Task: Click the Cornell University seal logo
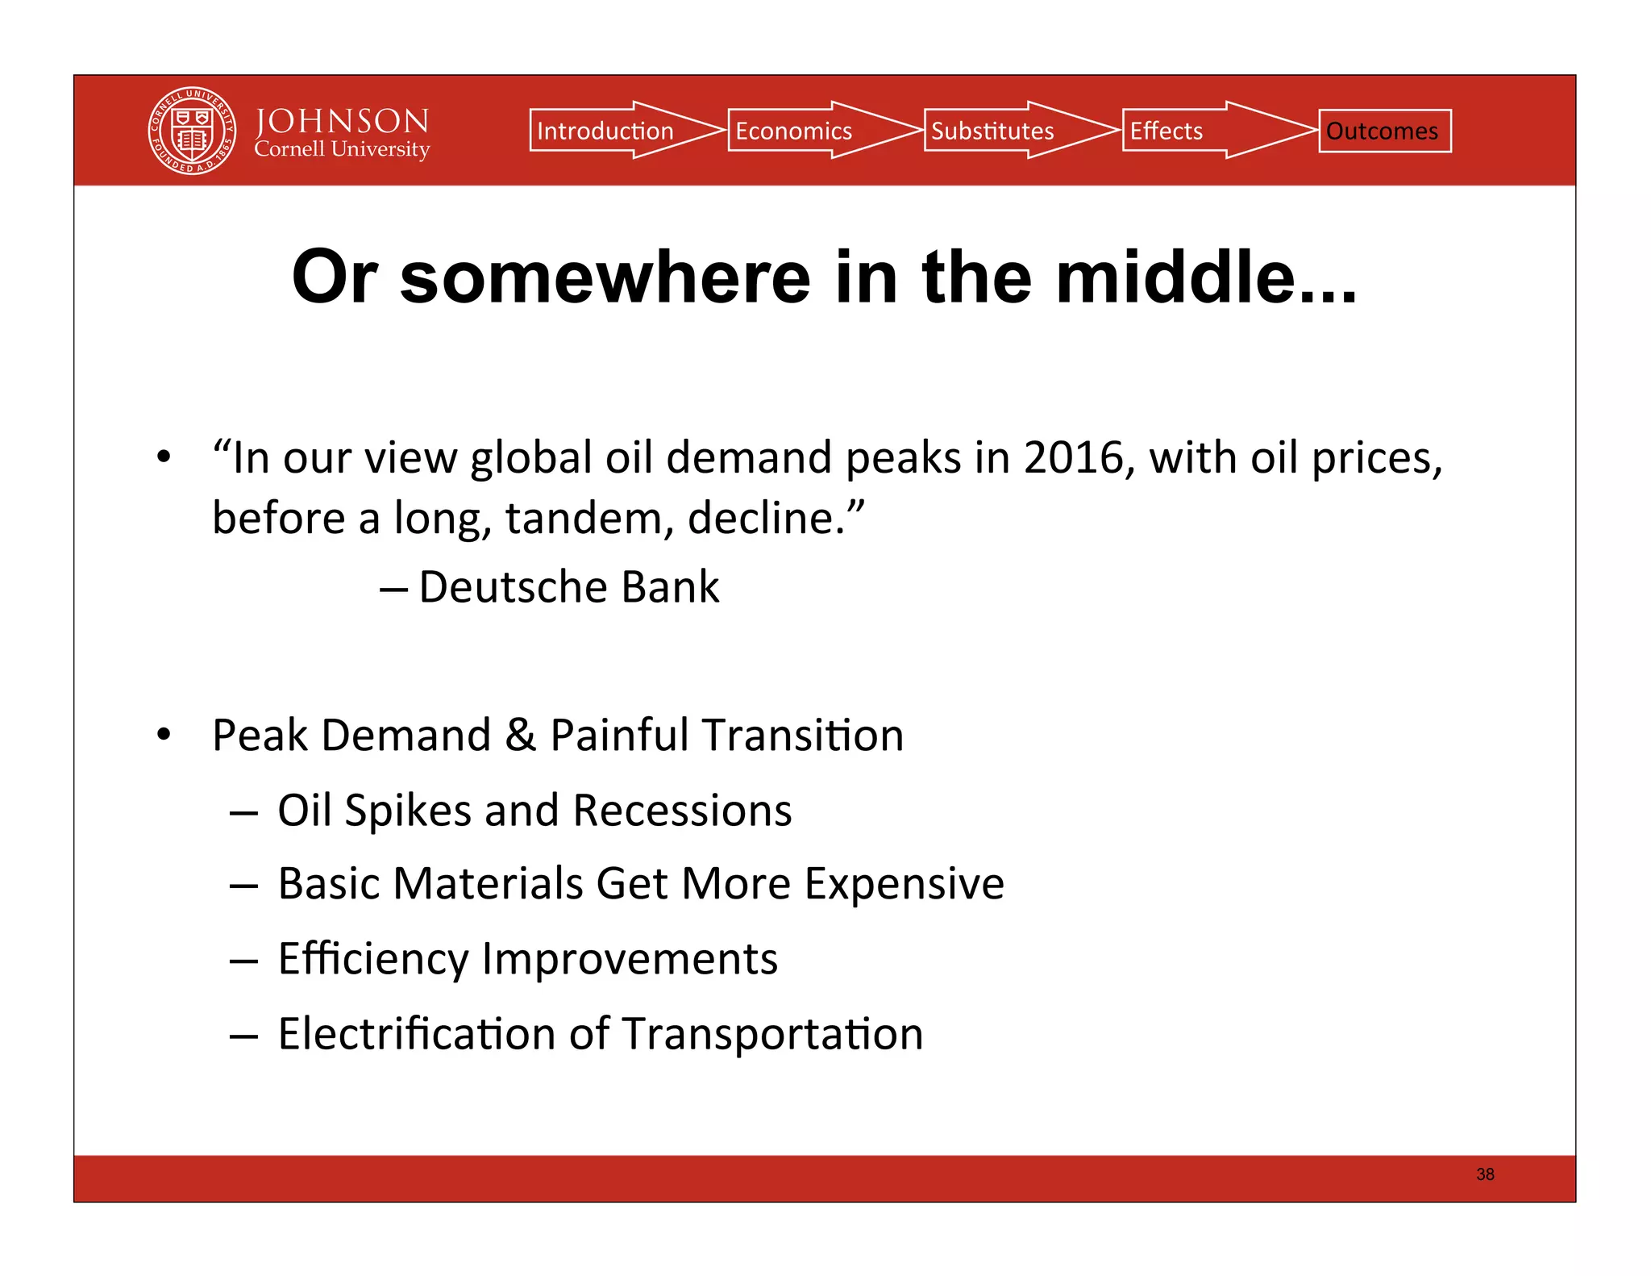click(192, 131)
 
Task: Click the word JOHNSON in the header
click(342, 121)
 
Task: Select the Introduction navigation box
click(605, 131)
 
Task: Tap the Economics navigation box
click(793, 131)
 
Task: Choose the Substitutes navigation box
click(992, 131)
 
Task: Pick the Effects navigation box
click(1166, 131)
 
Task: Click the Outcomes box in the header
click(1384, 131)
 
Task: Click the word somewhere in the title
click(605, 277)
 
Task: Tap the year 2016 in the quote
click(1073, 457)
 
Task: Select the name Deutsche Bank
click(568, 586)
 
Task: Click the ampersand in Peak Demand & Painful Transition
click(521, 735)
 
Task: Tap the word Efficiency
click(372, 959)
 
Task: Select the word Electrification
click(416, 1033)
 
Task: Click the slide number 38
click(1485, 1174)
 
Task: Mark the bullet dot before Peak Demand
click(164, 735)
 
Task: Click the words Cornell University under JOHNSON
click(342, 149)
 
